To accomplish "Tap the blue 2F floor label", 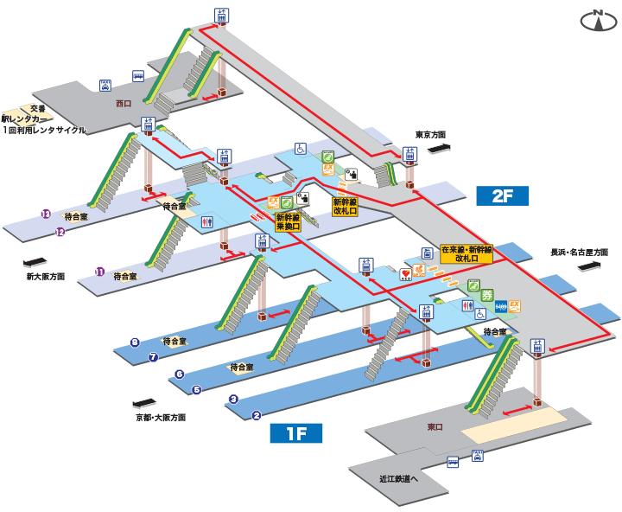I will (x=502, y=195).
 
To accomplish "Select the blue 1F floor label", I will (x=296, y=433).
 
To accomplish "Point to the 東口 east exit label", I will (x=435, y=427).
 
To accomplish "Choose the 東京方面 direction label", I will (x=429, y=135).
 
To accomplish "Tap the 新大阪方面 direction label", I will (x=45, y=277).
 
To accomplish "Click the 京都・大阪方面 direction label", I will (x=161, y=417).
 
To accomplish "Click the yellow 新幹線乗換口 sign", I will (x=288, y=222).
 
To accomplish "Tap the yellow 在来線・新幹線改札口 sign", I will (x=466, y=253).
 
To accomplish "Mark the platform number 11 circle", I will (x=100, y=272).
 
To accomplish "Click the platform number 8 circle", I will (x=135, y=342).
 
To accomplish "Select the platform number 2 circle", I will (x=257, y=415).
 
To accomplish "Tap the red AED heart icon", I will (x=405, y=273).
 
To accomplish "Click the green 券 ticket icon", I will (x=487, y=296).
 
